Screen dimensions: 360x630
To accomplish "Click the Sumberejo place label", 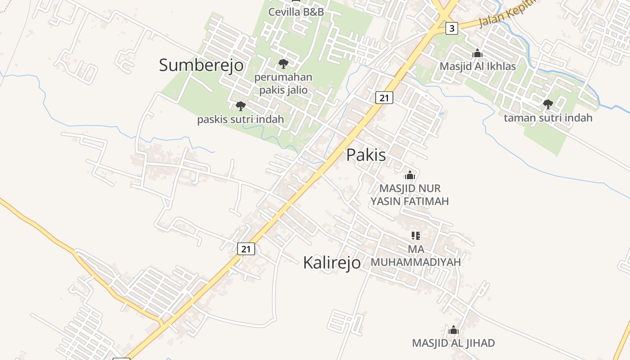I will [201, 65].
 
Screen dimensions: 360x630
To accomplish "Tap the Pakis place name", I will [366, 155].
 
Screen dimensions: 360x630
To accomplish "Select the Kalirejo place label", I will [332, 262].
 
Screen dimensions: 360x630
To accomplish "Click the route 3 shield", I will [452, 29].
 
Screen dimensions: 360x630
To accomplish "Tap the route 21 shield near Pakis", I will [384, 97].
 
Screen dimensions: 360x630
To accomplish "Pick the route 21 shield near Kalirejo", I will [246, 249].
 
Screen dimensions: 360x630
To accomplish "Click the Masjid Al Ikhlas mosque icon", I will [477, 54].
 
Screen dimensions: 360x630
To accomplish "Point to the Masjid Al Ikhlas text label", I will [477, 66].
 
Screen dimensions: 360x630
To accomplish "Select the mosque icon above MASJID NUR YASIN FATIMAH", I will [409, 175].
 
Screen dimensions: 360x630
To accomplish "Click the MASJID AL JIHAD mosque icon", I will [454, 330].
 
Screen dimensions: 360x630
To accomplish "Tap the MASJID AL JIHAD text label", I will [454, 343].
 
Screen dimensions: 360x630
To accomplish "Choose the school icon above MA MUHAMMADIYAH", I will [415, 235].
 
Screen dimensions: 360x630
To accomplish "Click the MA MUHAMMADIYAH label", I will [415, 256].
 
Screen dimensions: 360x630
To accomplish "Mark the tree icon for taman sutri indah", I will [548, 104].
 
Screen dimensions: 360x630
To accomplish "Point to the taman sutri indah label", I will [548, 118].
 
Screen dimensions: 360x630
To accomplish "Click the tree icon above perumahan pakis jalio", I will [283, 63].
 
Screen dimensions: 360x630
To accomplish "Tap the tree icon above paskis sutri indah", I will [241, 106].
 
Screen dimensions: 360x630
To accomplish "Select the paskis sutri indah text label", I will [241, 119].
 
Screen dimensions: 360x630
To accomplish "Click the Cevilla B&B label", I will [296, 12].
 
